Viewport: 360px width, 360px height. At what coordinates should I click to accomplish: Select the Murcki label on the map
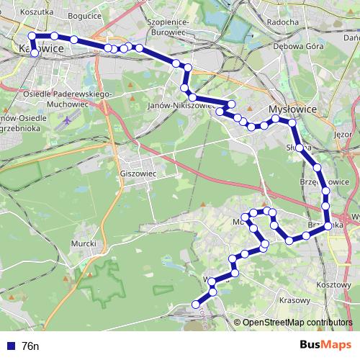click(x=84, y=243)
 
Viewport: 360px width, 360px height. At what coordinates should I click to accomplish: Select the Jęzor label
click(x=343, y=134)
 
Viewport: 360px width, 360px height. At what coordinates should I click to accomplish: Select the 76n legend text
click(x=31, y=346)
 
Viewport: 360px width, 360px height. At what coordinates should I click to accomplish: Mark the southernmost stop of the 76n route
click(x=195, y=305)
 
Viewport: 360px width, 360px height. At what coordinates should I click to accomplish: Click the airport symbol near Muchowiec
click(x=67, y=120)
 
